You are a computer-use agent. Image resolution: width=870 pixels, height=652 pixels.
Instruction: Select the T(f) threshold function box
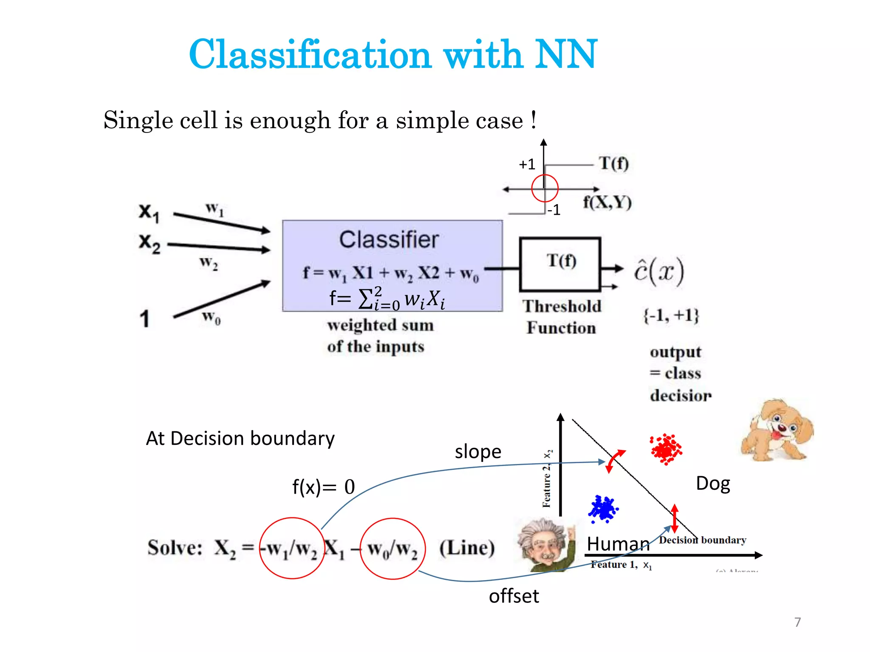(560, 264)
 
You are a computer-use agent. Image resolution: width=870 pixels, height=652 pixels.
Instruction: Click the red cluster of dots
(666, 449)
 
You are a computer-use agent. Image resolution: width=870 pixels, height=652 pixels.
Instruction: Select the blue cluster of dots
(603, 509)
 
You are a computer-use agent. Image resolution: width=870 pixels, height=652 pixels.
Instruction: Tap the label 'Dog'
(713, 483)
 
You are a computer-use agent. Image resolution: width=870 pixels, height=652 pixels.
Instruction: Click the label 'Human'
(618, 544)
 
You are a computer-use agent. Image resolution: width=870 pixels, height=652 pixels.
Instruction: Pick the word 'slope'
(478, 452)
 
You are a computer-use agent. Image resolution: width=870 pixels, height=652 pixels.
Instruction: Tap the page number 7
(797, 622)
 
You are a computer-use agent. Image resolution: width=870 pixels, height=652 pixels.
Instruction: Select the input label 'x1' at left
(149, 213)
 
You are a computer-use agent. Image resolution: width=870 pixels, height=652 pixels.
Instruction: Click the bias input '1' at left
(145, 318)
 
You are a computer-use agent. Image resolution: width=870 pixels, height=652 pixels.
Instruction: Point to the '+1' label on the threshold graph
(527, 164)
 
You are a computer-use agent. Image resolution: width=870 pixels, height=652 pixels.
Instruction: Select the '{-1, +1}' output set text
(671, 315)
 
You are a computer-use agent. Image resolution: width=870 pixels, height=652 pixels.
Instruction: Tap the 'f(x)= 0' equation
(323, 487)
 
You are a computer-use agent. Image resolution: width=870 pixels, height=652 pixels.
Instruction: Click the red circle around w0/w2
(393, 548)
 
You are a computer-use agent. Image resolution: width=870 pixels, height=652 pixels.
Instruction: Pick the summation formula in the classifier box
(387, 298)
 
